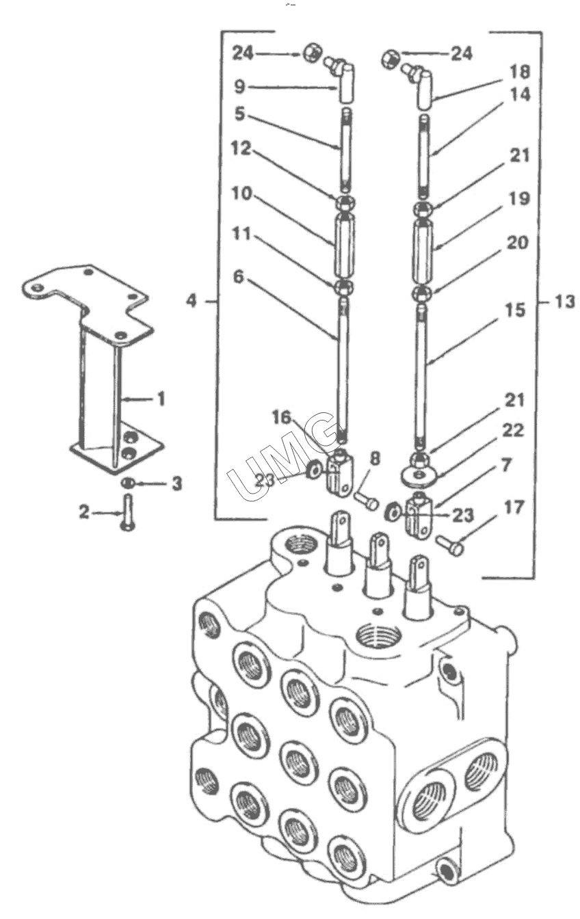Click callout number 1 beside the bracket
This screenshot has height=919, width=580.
coord(161,399)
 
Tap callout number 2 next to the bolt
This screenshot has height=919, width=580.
coord(84,511)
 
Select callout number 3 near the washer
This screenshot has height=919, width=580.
coord(176,483)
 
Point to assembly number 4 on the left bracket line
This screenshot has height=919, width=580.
coord(192,301)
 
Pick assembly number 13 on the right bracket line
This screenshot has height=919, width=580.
coord(564,302)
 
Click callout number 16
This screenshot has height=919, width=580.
coord(281,418)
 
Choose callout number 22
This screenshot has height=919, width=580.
coord(513,430)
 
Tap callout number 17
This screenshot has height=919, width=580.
coord(513,507)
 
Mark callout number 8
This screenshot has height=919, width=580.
coord(374,458)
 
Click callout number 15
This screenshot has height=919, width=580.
coord(515,310)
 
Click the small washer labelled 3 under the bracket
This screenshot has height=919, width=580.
coord(127,483)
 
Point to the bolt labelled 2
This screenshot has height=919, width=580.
coord(127,513)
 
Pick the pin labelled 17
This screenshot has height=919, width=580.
coord(450,545)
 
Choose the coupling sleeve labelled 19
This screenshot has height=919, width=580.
coord(423,249)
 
